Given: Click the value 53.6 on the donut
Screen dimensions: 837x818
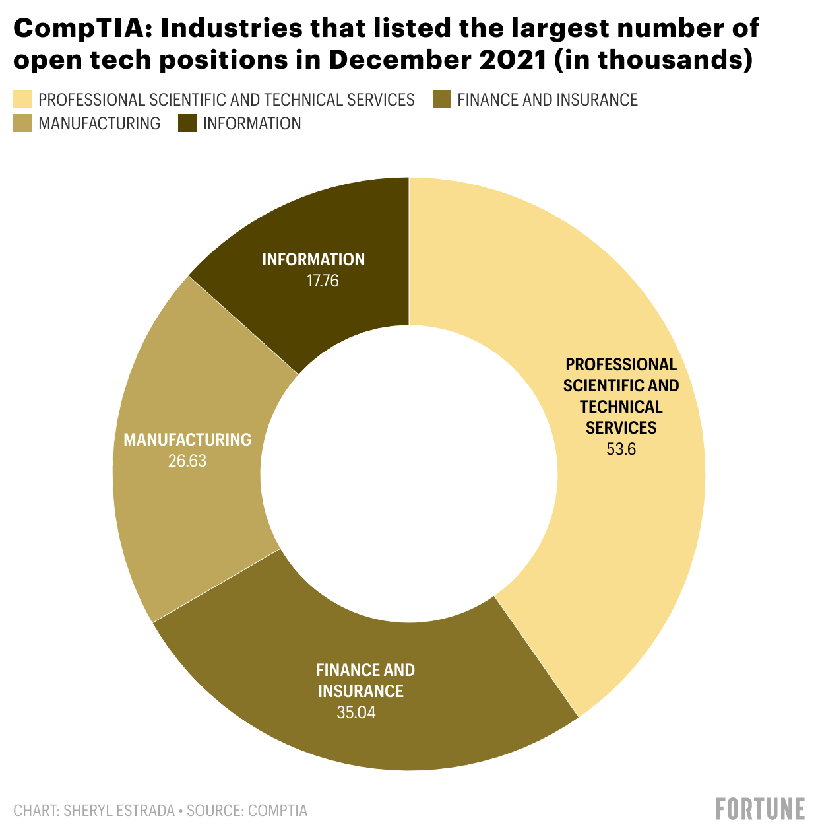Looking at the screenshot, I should [621, 450].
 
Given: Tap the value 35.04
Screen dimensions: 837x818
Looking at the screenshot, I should [356, 713].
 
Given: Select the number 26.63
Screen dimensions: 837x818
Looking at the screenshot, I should [187, 461].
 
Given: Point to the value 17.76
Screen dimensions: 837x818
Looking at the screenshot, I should [323, 281].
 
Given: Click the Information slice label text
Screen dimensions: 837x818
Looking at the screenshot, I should [313, 259].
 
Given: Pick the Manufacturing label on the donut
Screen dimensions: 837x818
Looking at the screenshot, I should [187, 440].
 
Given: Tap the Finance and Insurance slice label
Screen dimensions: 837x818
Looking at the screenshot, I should [365, 681].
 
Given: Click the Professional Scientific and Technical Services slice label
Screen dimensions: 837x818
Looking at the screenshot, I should [621, 396].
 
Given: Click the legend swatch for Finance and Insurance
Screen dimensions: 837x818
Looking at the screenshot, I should [441, 100].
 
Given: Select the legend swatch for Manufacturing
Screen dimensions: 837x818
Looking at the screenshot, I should [22, 123].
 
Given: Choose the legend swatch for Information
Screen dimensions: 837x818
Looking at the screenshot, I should [187, 123].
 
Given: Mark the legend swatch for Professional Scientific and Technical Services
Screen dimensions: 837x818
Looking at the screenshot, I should [22, 100].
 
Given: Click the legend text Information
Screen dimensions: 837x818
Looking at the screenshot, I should [252, 123].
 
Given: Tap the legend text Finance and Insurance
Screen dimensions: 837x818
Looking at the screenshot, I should [548, 100].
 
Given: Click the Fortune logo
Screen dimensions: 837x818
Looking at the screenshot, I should [760, 809].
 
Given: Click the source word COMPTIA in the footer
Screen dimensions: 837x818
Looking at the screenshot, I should [277, 811].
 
